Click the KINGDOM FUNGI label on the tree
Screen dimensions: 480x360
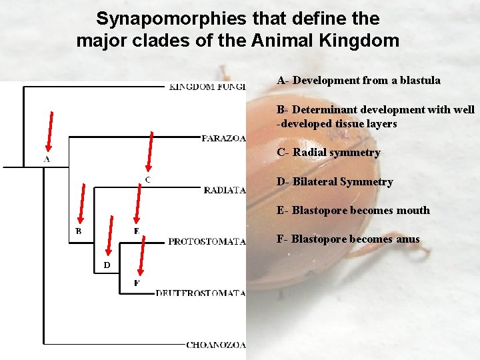click(x=207, y=86)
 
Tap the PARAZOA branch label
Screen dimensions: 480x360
click(x=223, y=139)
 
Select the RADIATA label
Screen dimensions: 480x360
click(x=225, y=191)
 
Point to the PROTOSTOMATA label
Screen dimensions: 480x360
click(x=207, y=241)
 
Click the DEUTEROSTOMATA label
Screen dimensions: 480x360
click(x=201, y=293)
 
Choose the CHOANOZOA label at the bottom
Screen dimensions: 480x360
click(x=216, y=345)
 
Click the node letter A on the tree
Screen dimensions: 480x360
click(x=47, y=160)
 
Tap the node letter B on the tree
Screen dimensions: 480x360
click(x=79, y=231)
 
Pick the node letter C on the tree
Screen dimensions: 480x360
click(x=147, y=180)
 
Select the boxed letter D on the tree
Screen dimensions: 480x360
click(x=107, y=265)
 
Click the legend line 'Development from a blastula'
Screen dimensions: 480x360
click(x=359, y=80)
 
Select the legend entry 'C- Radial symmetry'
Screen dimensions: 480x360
click(x=328, y=153)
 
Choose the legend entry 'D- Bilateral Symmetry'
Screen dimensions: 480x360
click(x=335, y=181)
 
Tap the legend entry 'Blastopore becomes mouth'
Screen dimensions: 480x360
click(x=353, y=211)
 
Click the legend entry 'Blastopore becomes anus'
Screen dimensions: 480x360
click(x=348, y=239)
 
